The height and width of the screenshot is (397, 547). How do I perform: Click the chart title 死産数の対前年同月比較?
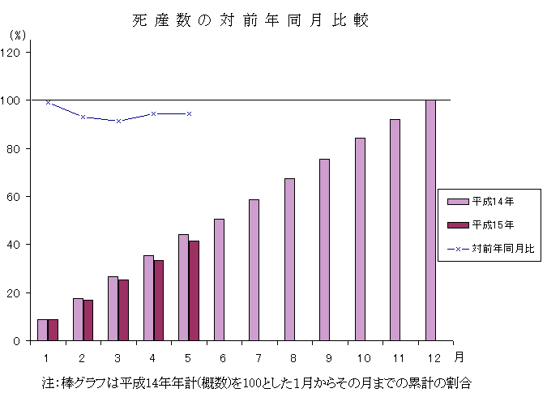pos(250,21)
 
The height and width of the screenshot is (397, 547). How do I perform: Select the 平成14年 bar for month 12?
pos(430,220)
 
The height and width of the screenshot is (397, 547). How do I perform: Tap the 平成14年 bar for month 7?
pos(254,270)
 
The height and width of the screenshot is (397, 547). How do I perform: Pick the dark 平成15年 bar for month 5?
pos(194,290)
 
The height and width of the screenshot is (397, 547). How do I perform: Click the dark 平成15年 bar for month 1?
pos(53,330)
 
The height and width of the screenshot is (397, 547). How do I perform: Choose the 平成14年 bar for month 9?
pos(324,250)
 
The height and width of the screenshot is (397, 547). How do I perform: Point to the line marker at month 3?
pos(118,121)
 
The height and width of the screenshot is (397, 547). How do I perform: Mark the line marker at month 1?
pos(48,102)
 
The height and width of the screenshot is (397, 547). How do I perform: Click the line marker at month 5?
pos(189,113)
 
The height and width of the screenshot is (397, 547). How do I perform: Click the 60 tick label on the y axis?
pos(18,196)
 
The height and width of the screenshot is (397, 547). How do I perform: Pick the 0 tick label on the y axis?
pos(21,341)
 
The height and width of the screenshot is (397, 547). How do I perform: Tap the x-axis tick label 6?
pos(219,356)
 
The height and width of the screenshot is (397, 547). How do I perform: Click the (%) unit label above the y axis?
pos(17,36)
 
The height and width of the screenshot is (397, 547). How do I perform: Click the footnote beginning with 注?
pos(255,381)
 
